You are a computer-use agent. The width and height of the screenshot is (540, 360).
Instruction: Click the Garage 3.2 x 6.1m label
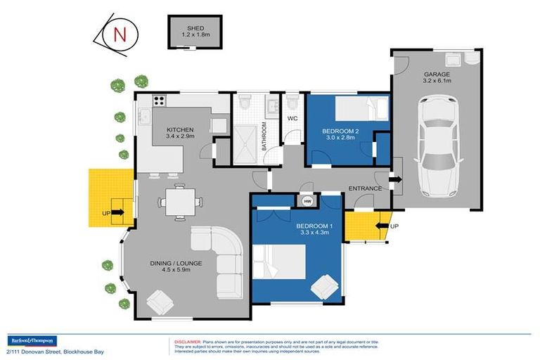(437, 77)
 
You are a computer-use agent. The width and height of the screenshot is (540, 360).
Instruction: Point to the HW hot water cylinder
(307, 202)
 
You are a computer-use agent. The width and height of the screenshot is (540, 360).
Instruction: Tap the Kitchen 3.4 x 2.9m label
(180, 133)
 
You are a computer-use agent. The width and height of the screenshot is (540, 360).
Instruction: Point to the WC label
(293, 119)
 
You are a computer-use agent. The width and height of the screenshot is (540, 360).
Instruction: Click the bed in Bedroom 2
(361, 109)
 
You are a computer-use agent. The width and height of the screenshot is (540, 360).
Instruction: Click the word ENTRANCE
(365, 188)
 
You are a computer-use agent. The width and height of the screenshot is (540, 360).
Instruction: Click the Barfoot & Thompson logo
(31, 340)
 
